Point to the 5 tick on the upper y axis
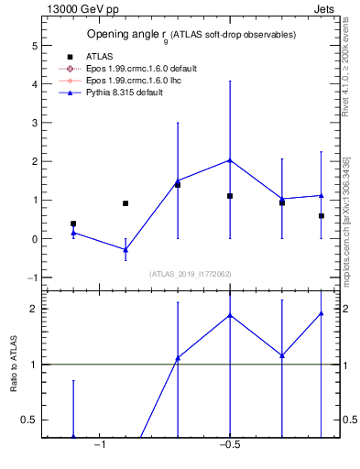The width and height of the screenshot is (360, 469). coord(33,45)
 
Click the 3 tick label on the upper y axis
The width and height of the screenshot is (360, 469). coord(33,123)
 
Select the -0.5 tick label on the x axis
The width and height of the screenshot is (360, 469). coord(229,446)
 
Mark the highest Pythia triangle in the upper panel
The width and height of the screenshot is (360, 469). coord(230,160)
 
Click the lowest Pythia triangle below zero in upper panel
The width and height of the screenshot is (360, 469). coord(125,249)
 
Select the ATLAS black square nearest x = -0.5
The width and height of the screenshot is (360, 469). coord(230,196)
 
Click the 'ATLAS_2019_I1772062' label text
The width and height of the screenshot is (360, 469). coord(190,274)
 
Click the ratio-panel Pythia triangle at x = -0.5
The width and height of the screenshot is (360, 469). coord(230,315)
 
